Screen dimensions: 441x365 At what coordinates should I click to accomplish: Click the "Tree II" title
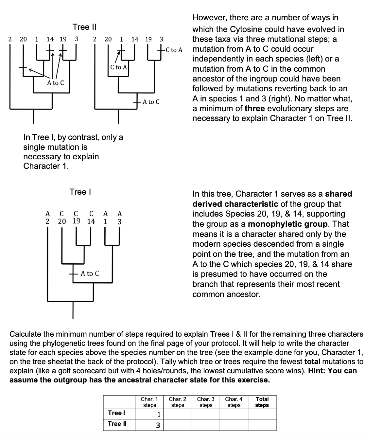[84, 27]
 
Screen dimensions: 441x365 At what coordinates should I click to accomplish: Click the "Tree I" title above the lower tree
[80, 192]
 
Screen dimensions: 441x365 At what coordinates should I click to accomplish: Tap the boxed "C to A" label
[118, 67]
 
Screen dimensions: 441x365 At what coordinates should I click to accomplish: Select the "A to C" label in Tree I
[90, 273]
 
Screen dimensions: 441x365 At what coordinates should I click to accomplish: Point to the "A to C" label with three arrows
[56, 83]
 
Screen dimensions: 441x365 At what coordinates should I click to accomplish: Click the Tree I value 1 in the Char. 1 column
[159, 415]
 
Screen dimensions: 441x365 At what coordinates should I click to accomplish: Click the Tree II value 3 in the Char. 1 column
[158, 425]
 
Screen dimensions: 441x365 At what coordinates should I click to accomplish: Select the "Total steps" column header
[262, 402]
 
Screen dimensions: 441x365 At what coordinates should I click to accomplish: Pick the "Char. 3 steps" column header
[206, 402]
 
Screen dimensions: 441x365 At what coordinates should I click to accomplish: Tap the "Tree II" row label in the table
[117, 424]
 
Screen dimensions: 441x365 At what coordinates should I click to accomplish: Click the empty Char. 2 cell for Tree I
[178, 414]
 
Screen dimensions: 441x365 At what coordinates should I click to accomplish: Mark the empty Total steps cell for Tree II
[262, 425]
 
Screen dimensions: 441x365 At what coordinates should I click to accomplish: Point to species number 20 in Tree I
[62, 221]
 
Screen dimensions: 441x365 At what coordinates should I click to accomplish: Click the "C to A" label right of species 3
[174, 50]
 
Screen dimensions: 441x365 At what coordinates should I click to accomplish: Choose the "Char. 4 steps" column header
[234, 402]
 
